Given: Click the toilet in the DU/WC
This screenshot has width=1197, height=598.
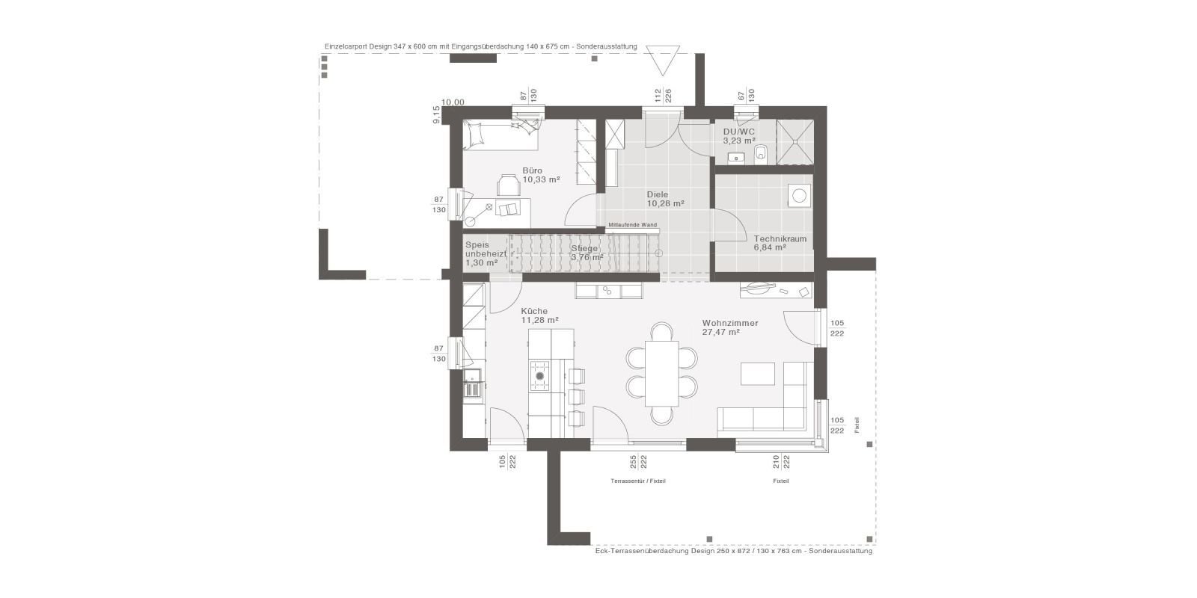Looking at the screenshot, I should click(762, 154).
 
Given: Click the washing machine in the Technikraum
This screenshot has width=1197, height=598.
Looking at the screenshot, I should click(799, 196).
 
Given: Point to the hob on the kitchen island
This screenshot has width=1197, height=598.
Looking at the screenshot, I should click(539, 375).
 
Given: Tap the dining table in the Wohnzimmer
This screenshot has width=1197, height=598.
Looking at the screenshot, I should click(662, 373).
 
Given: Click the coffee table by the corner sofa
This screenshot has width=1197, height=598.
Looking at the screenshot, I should click(757, 374).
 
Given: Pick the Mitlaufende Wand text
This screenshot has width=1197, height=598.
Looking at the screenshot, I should click(632, 224).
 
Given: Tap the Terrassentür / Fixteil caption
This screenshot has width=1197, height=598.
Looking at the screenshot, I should click(638, 481).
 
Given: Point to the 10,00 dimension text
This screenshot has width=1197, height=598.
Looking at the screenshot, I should click(453, 102).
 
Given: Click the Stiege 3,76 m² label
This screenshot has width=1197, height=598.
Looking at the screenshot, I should click(586, 253).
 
